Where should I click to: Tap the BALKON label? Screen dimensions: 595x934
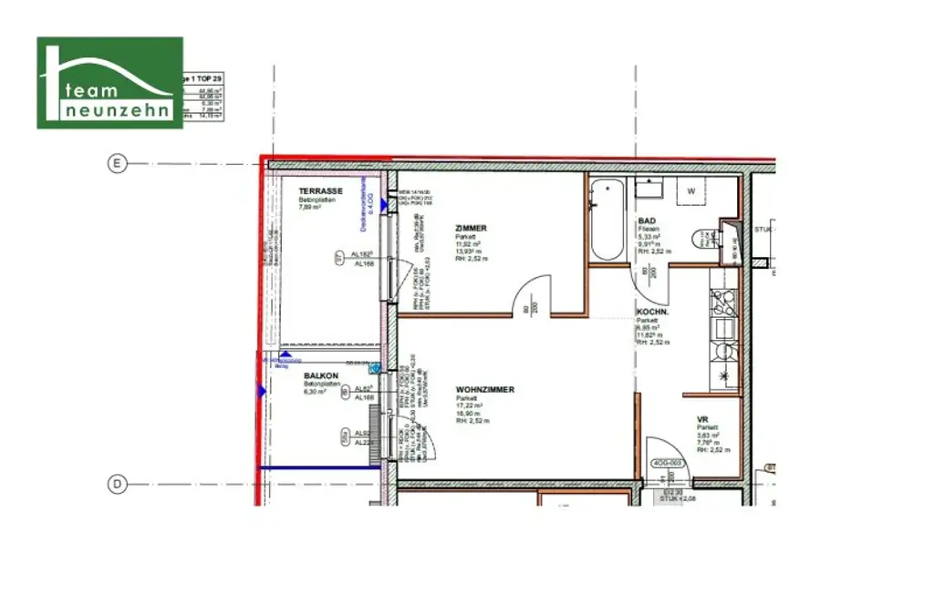point(321,375)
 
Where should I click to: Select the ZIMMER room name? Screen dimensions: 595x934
point(471,229)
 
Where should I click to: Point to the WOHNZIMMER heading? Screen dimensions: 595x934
point(484,390)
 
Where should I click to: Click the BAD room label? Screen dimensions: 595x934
point(646,221)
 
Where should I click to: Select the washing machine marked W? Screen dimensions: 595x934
point(691,191)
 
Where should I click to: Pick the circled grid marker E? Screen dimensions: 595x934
point(117,164)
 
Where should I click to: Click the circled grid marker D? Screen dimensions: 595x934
point(117,485)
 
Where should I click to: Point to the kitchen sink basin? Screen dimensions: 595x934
point(726,329)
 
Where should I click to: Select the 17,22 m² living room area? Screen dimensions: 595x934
point(469,405)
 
